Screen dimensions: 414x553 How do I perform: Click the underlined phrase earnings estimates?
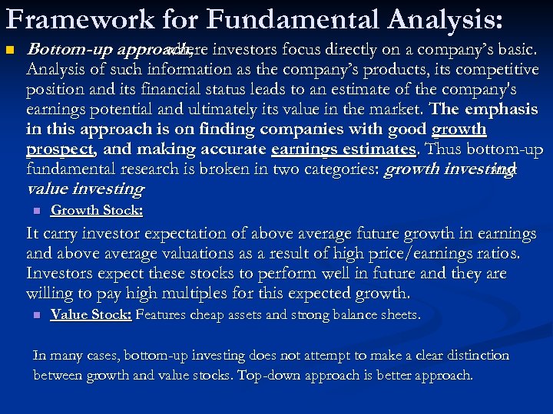click(343, 149)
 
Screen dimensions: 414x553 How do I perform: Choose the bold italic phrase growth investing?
click(438, 169)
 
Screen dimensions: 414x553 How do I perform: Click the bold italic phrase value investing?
click(84, 189)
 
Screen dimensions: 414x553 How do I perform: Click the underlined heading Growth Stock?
click(96, 210)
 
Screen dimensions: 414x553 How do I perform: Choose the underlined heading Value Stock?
click(91, 314)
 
